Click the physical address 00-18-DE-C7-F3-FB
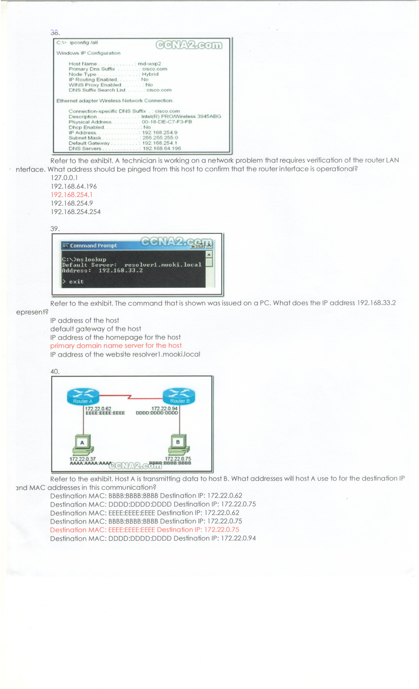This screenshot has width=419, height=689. click(167, 122)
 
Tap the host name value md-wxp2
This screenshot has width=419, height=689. click(149, 64)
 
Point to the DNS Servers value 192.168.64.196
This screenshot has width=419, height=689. click(162, 148)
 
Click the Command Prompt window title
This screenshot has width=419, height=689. click(94, 246)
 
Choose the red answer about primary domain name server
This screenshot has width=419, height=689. click(116, 346)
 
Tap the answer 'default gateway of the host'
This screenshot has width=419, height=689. click(96, 329)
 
